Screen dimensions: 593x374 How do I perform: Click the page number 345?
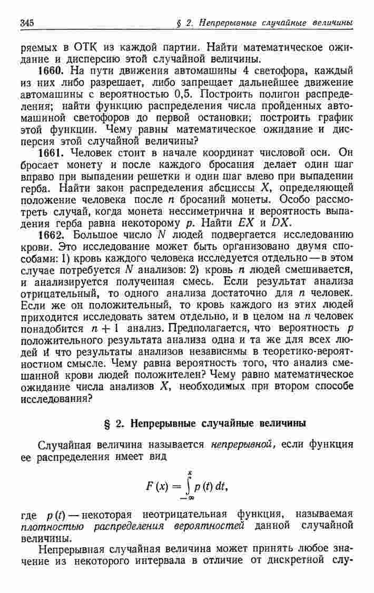[27, 23]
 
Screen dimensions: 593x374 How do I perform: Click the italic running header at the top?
[264, 23]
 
